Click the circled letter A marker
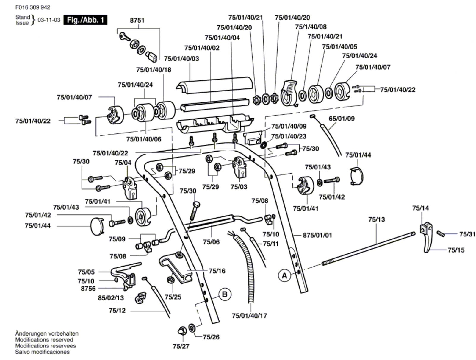pyautogui.click(x=284, y=276)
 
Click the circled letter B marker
pyautogui.click(x=225, y=294)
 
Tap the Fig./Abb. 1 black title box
pyautogui.click(x=85, y=20)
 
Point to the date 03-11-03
pyautogui.click(x=49, y=20)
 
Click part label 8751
pyautogui.click(x=137, y=20)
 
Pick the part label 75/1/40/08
pyautogui.click(x=311, y=27)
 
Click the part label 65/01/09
pyautogui.click(x=342, y=119)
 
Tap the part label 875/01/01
pyautogui.click(x=317, y=235)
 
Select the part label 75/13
pyautogui.click(x=376, y=219)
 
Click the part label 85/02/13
pyautogui.click(x=111, y=298)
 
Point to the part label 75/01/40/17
pyautogui.click(x=249, y=316)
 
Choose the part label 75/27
pyautogui.click(x=181, y=346)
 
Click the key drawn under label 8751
pyautogui.click(x=124, y=37)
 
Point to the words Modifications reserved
pyautogui.click(x=44, y=340)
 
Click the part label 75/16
pyautogui.click(x=217, y=271)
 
